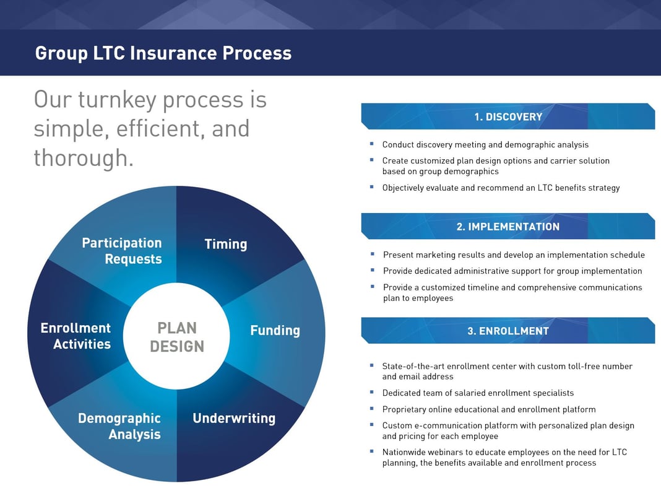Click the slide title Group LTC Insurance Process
(163, 53)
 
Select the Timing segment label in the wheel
(226, 244)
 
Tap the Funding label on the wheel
(275, 330)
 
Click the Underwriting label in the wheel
(234, 418)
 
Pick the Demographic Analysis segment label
(119, 426)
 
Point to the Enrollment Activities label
(76, 336)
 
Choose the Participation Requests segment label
(122, 251)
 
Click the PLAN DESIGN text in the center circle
(177, 337)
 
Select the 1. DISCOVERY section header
(508, 116)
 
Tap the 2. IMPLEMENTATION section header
(508, 227)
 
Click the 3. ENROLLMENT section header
(508, 331)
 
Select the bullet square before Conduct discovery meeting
(372, 144)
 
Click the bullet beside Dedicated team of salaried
(372, 392)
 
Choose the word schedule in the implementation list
(626, 255)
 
